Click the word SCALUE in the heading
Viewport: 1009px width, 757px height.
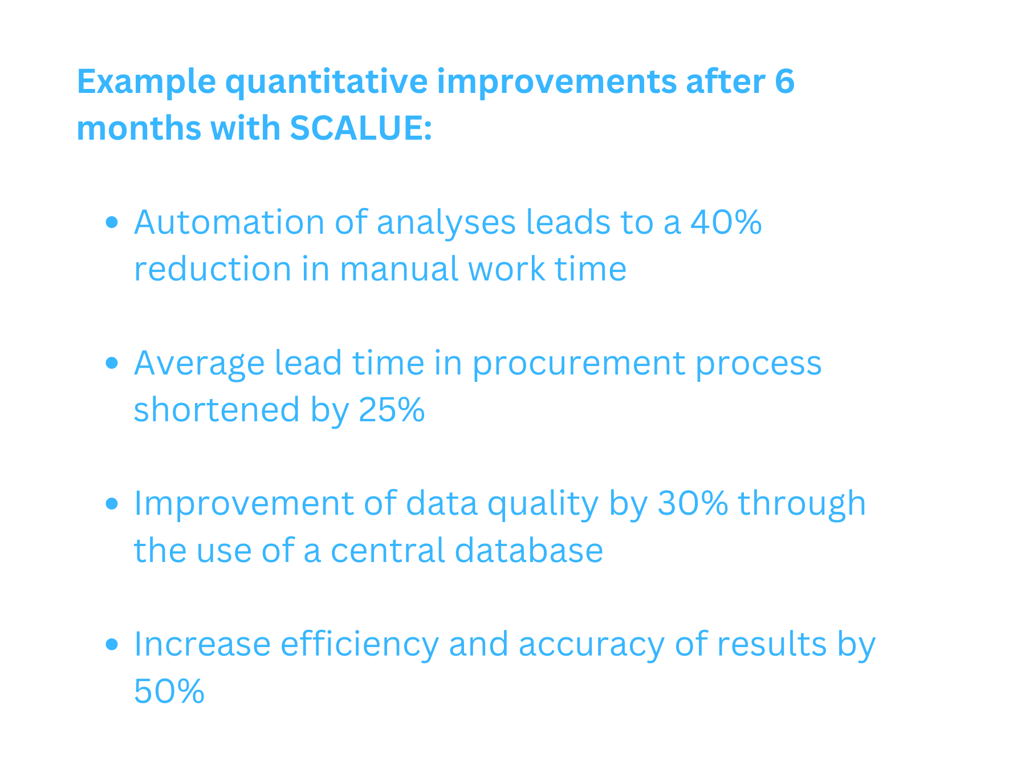(x=360, y=128)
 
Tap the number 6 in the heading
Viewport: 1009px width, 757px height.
(x=784, y=81)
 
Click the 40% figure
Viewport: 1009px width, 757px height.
(x=726, y=222)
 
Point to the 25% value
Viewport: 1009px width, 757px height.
(x=392, y=409)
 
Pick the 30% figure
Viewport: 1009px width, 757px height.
(x=693, y=503)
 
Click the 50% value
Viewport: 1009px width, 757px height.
(x=169, y=691)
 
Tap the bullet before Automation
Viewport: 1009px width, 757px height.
(x=112, y=222)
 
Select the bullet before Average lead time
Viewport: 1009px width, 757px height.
(x=112, y=363)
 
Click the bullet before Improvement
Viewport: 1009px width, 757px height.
(x=112, y=503)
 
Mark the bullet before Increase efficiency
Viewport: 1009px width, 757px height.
(x=112, y=644)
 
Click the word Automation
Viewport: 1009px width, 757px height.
(x=229, y=222)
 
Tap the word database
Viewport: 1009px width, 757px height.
(x=529, y=550)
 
